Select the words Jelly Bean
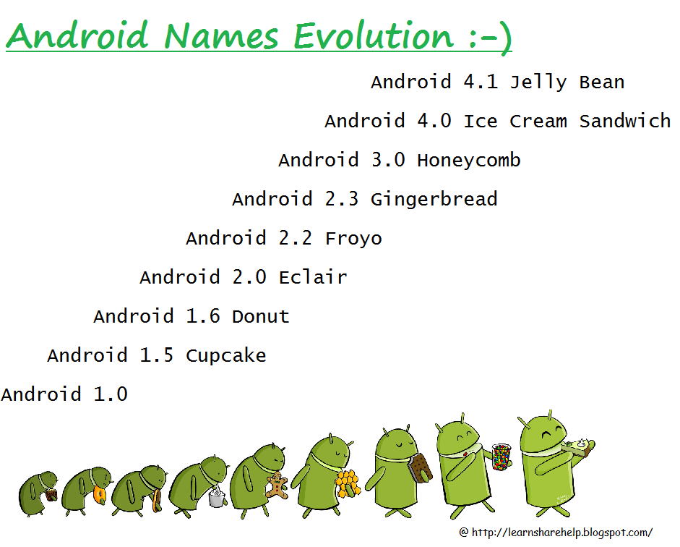[567, 82]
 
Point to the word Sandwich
[624, 122]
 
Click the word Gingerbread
[434, 200]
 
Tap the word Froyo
[353, 239]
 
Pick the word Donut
[260, 317]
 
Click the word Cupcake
[225, 356]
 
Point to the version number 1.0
[111, 395]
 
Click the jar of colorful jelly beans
[500, 457]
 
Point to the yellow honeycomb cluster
[347, 481]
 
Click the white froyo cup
[216, 497]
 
